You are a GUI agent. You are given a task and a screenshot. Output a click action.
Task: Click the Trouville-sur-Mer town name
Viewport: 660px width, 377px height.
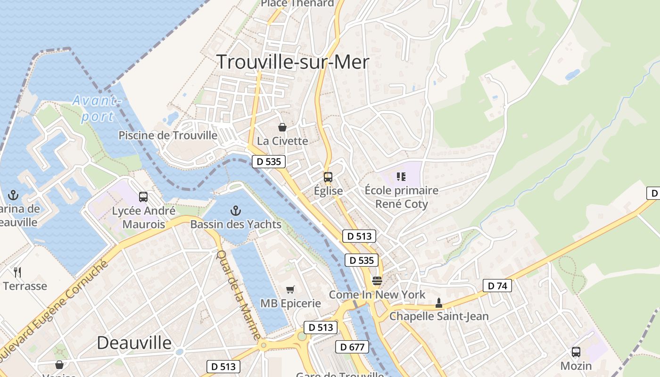coord(292,62)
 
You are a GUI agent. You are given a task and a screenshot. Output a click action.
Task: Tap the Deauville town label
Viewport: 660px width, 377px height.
coord(134,343)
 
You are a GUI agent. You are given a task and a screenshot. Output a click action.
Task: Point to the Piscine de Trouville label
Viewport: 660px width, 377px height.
coord(168,136)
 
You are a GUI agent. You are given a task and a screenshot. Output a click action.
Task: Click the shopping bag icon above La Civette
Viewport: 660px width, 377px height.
coord(282,127)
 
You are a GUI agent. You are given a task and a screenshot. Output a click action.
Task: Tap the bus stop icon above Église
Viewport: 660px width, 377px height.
coord(328,177)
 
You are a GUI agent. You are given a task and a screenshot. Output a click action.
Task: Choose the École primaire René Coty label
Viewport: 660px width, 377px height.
coord(401,197)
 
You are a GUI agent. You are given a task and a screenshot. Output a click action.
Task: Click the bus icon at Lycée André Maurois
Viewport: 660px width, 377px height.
coord(143,197)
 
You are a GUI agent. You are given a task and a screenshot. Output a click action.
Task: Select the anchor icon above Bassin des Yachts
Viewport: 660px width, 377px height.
coord(235,211)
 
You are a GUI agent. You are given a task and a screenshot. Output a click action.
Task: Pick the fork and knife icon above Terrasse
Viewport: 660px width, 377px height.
coord(18,272)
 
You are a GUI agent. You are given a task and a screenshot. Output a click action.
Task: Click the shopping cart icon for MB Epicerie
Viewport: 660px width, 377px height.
coord(290,289)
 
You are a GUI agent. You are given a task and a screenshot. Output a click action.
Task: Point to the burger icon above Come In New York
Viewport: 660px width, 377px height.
coord(377,281)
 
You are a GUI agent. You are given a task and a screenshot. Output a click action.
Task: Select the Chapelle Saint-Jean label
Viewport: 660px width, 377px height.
coord(439,316)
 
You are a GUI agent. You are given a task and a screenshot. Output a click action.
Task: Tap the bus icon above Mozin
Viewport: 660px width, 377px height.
coord(576,352)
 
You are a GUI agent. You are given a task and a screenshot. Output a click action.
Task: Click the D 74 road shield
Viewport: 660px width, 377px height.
coord(497,286)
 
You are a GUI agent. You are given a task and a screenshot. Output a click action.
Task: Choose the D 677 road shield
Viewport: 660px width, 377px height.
coord(352,347)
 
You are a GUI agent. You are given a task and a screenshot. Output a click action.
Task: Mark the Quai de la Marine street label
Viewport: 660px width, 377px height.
coord(238,295)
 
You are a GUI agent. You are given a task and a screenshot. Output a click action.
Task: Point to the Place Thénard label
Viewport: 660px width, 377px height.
coord(297,3)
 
